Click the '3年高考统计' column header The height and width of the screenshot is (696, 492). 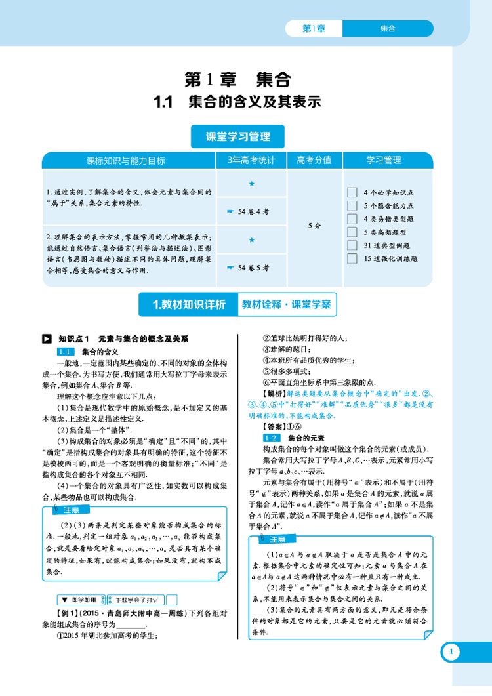pos(251,161)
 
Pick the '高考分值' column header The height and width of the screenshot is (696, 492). pos(314,161)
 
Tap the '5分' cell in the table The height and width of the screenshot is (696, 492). pos(314,226)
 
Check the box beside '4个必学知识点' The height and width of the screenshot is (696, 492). pos(351,193)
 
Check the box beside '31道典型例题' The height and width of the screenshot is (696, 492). pos(351,245)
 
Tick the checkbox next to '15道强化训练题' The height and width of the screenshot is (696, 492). pos(351,258)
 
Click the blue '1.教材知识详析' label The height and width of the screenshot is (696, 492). pos(189,304)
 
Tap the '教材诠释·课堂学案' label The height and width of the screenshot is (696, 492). pos(286,304)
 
